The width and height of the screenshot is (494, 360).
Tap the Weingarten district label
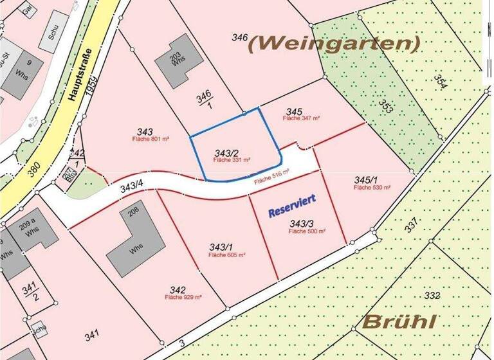[334, 43]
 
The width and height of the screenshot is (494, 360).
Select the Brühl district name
[401, 321]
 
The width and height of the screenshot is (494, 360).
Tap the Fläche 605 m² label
[227, 255]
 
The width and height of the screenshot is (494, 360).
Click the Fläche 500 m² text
[307, 231]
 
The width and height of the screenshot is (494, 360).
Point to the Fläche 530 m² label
[372, 187]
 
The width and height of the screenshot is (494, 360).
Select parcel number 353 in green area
[385, 106]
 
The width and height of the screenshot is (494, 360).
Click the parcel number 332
[432, 295]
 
